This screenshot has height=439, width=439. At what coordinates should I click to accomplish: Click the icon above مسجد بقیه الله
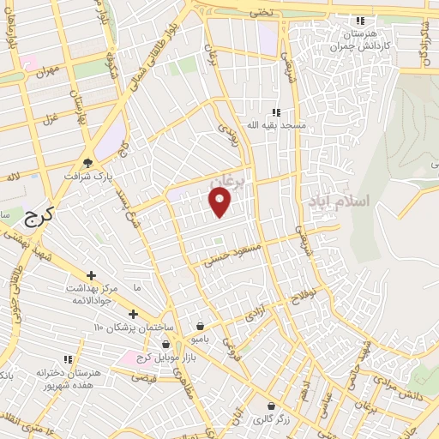276,112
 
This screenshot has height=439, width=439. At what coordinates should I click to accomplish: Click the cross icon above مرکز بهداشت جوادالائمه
91,275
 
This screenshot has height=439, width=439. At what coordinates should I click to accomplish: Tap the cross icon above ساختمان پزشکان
133,314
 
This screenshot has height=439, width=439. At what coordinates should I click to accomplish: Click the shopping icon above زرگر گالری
271,406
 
